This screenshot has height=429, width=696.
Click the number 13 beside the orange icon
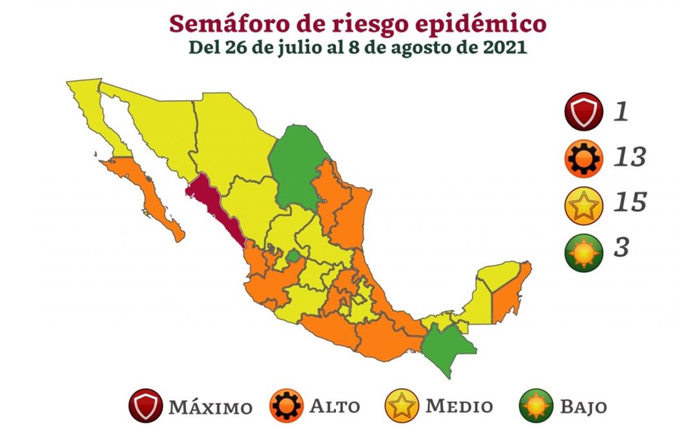click(x=628, y=157)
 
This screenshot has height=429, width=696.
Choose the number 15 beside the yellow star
click(x=628, y=202)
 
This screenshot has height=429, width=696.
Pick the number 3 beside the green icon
click(x=621, y=247)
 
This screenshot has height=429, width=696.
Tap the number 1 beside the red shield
click(x=620, y=112)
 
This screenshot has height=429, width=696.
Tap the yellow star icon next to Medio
click(x=402, y=406)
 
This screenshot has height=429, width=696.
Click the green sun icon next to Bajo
click(x=536, y=406)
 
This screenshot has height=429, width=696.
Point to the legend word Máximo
click(x=211, y=407)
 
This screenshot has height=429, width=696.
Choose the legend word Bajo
click(x=583, y=407)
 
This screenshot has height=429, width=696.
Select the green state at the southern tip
click(x=447, y=348)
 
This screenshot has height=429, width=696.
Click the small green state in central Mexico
click(x=293, y=256)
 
